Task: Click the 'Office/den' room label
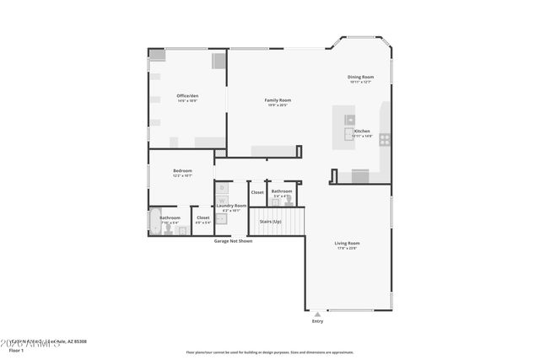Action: tap(187, 95)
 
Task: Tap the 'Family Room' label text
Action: tap(278, 100)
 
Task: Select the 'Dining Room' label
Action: tap(360, 77)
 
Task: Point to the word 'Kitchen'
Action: tap(362, 131)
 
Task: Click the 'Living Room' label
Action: tap(348, 243)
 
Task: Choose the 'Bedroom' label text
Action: tap(183, 170)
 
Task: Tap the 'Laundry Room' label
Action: tap(231, 206)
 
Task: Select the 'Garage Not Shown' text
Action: tap(233, 241)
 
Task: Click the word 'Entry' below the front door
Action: tap(317, 321)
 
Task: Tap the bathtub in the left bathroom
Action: tap(155, 223)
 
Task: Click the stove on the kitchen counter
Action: tap(385, 139)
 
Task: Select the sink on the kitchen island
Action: tap(349, 121)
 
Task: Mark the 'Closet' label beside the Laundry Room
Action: tap(257, 192)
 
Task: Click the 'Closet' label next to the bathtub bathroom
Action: tap(203, 218)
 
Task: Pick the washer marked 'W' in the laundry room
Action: tap(223, 201)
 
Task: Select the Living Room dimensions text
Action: tap(348, 249)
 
